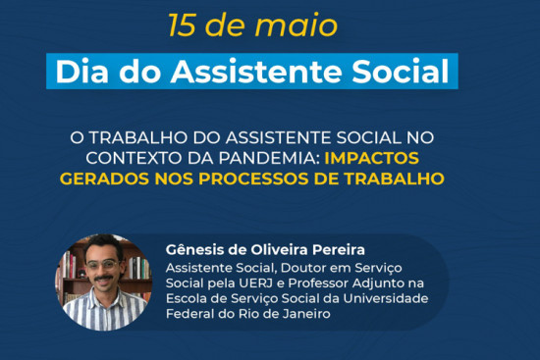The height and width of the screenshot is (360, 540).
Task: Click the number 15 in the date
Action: (183, 26)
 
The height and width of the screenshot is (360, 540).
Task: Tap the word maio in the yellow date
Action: (297, 26)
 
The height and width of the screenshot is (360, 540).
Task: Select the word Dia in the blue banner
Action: (81, 72)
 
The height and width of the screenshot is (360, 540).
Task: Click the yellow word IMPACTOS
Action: (371, 158)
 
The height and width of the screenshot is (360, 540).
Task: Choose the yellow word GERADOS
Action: (105, 179)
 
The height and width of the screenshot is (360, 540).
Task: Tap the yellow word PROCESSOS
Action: (253, 179)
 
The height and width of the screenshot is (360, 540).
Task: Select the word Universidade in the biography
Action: (386, 298)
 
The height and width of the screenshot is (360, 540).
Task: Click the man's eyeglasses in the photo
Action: (101, 264)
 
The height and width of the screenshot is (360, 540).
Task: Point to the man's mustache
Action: (103, 278)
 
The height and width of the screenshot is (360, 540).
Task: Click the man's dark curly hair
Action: (103, 245)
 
